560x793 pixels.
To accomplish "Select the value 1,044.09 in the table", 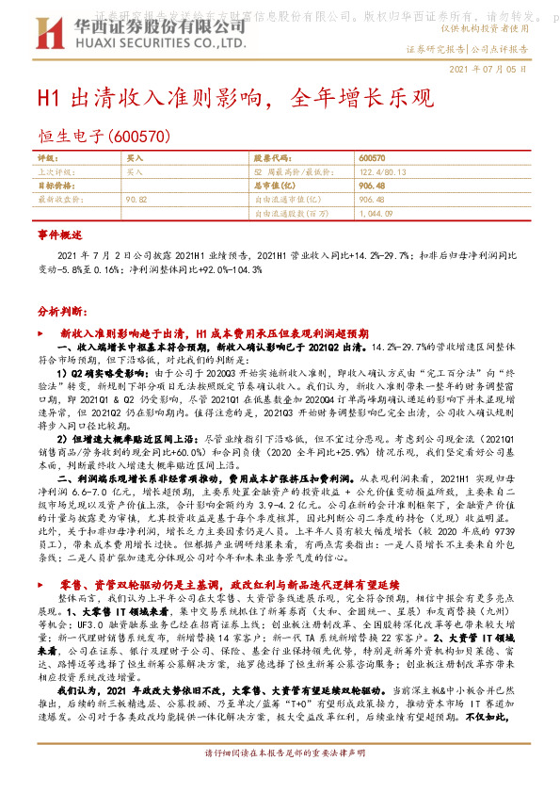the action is pos(376,214).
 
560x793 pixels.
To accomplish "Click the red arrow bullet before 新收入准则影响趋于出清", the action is pos(40,333).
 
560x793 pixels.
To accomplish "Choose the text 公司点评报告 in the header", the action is pos(499,47).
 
